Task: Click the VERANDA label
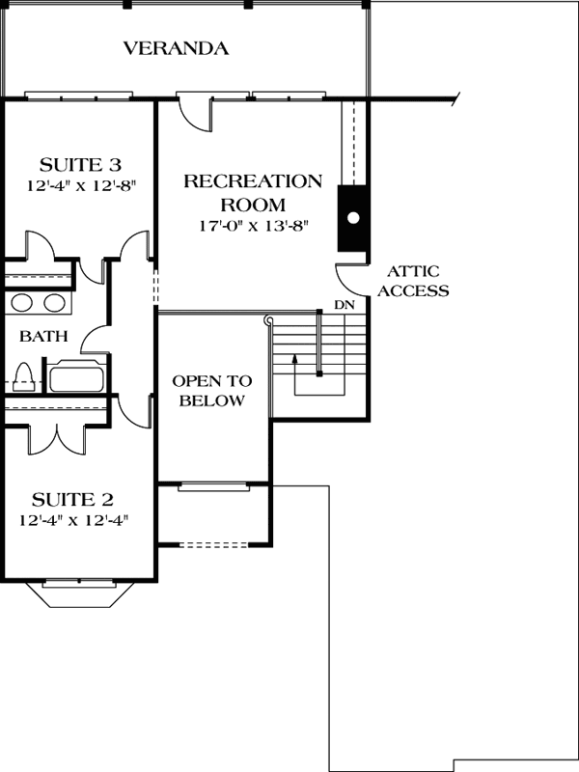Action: [x=176, y=48]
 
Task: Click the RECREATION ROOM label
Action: [x=253, y=192]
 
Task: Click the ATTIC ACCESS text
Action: [x=412, y=281]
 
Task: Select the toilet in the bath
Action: [x=26, y=375]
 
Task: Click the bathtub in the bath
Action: [x=76, y=376]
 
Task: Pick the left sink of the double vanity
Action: [x=23, y=303]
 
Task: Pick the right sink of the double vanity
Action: [x=54, y=303]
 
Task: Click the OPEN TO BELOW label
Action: [x=208, y=390]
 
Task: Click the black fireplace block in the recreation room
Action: [x=352, y=218]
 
